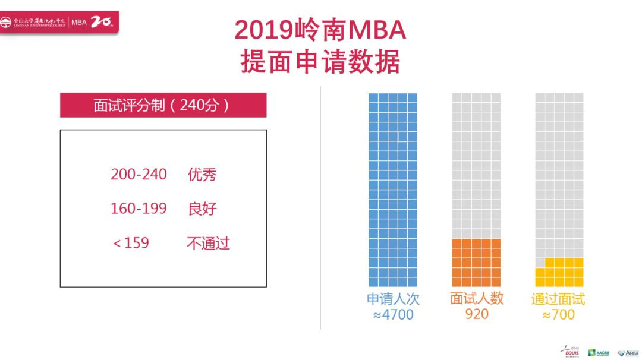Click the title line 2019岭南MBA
320,30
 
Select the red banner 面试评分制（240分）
163,105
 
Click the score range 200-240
139,175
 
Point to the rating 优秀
202,175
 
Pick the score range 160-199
139,209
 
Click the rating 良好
202,209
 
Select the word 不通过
208,243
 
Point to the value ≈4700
393,314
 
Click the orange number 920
477,314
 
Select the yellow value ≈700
558,314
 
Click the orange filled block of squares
476,263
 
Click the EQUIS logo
569,351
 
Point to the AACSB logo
599,352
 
